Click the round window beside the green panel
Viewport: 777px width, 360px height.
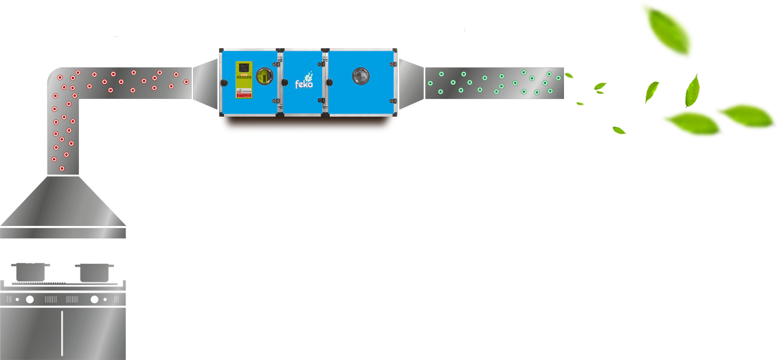[x=264, y=76]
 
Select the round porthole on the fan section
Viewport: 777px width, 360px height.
[x=361, y=76]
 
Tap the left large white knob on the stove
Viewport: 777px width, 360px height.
[x=30, y=300]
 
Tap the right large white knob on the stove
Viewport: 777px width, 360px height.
[x=94, y=300]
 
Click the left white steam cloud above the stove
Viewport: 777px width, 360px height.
[x=32, y=250]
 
